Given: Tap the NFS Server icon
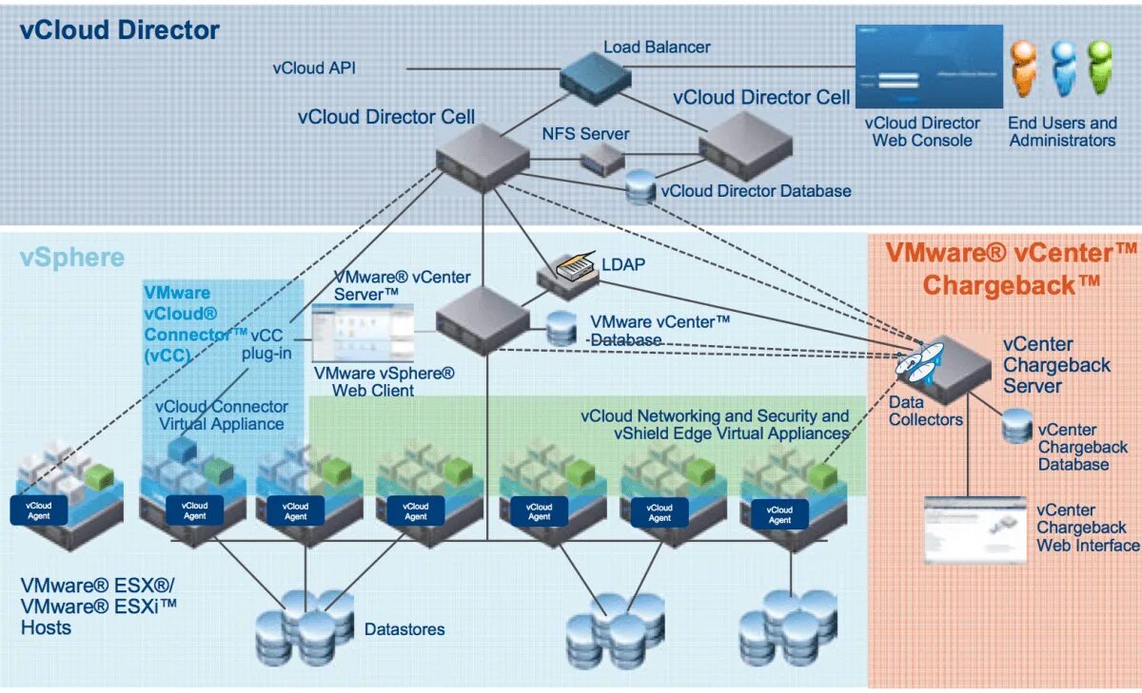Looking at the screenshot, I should tap(603, 158).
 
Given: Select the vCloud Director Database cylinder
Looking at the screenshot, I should tap(641, 187).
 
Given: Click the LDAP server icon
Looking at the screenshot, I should tap(567, 275).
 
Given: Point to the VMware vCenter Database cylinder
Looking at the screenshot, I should tap(561, 328).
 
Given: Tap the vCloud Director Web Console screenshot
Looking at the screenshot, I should tap(929, 66).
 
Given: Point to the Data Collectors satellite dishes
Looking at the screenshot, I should tap(917, 366).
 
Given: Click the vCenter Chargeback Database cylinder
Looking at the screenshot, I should tap(1017, 427).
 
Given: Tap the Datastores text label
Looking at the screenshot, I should tap(404, 629).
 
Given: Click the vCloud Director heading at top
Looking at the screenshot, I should tap(120, 30).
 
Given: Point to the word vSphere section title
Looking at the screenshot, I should tap(72, 258).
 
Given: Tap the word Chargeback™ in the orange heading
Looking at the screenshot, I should tap(1012, 284).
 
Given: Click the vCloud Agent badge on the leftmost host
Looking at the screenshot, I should tap(39, 510).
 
